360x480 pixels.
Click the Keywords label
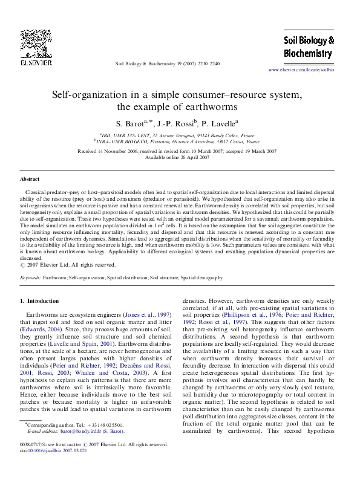click(30, 277)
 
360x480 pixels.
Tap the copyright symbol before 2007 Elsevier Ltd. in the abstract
click(23, 264)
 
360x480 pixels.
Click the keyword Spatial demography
click(201, 277)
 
